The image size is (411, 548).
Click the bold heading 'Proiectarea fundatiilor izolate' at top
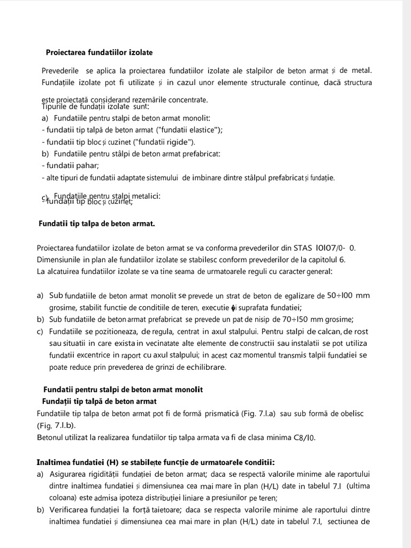[x=99, y=52]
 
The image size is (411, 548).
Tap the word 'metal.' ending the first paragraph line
[x=362, y=70]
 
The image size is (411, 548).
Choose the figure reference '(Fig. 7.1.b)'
[x=56, y=425]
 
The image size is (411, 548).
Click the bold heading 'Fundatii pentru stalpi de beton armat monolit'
[x=123, y=390]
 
